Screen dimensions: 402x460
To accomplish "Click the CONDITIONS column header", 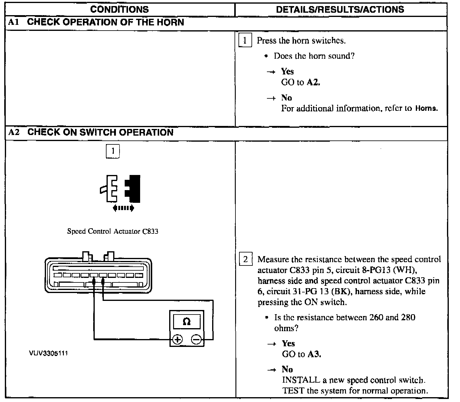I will pyautogui.click(x=120, y=9).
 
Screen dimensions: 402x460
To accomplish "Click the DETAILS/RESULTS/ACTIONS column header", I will pyautogui.click(x=340, y=9).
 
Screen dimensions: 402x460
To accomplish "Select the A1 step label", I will pyautogui.click(x=14, y=22).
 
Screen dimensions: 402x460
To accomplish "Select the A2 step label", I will pyautogui.click(x=14, y=133).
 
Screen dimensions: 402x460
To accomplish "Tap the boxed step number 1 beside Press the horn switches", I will pyautogui.click(x=245, y=41).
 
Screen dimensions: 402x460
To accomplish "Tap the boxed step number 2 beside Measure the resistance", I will pyautogui.click(x=245, y=259).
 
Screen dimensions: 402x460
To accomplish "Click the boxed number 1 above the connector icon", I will pyautogui.click(x=113, y=151).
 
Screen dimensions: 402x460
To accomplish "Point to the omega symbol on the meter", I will pyautogui.click(x=187, y=321).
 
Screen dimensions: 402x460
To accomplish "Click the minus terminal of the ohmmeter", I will pyautogui.click(x=196, y=340).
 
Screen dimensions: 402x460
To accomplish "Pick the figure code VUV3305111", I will pyautogui.click(x=48, y=353).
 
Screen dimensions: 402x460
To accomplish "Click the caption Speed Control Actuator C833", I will pyautogui.click(x=113, y=232).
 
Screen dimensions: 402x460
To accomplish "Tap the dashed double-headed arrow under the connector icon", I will pyautogui.click(x=123, y=208).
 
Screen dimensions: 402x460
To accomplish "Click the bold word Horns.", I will pyautogui.click(x=426, y=109).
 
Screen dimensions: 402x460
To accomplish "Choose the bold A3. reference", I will pyautogui.click(x=314, y=354).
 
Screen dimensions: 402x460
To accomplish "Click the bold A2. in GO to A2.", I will pyautogui.click(x=313, y=82).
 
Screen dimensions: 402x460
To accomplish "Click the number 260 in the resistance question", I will pyautogui.click(x=376, y=317).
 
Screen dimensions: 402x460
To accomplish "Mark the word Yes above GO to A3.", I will pyautogui.click(x=288, y=343).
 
